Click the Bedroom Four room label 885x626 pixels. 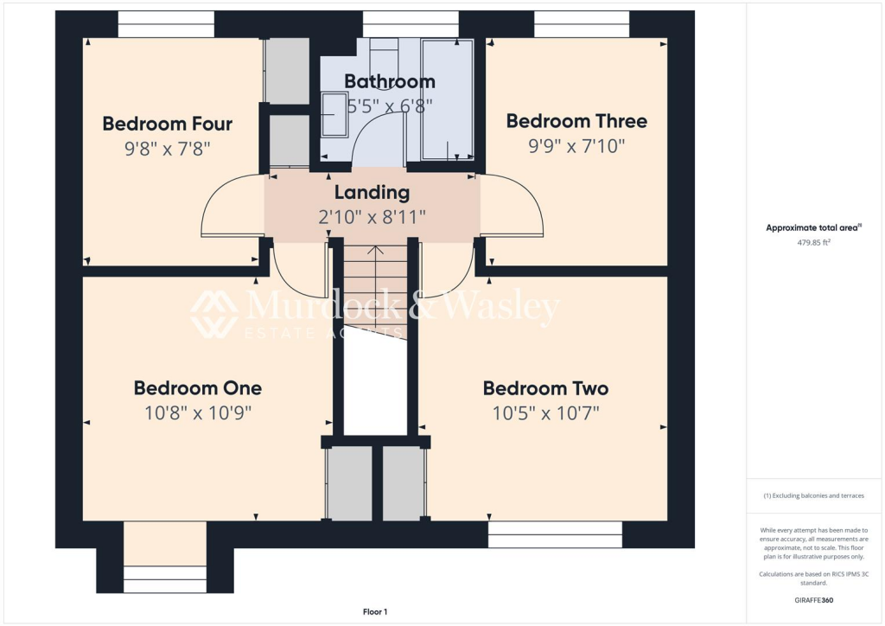167,124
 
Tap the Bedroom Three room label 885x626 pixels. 576,121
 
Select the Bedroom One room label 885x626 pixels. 197,387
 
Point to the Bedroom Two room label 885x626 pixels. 545,388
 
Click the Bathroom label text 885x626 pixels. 389,81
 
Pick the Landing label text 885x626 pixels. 372,192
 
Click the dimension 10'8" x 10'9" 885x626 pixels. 197,413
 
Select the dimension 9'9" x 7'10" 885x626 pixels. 576,146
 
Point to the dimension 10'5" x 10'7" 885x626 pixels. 545,413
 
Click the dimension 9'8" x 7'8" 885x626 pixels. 167,149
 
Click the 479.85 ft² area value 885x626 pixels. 812,243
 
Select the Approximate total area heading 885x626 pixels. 812,228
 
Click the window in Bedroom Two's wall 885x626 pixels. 554,534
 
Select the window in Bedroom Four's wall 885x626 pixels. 166,24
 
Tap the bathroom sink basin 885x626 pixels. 333,115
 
